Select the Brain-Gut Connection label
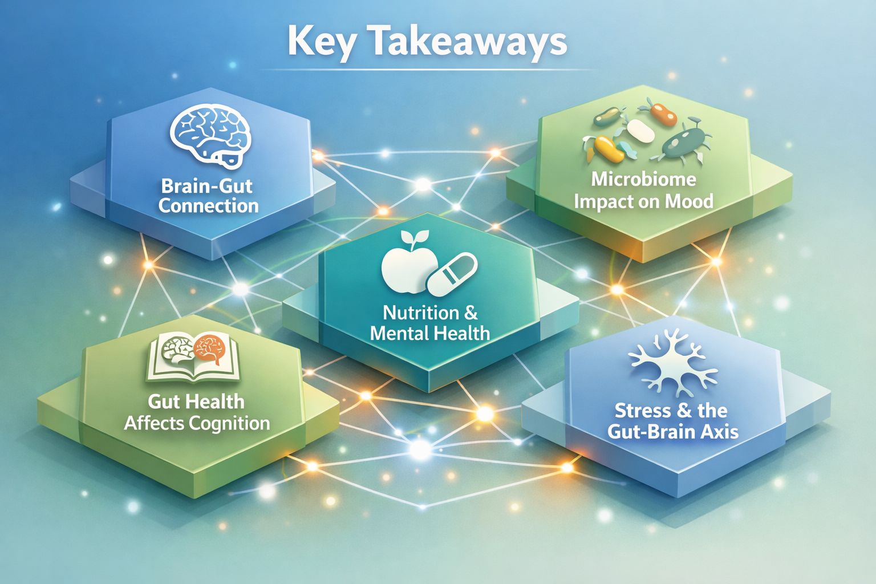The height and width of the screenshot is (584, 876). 209,196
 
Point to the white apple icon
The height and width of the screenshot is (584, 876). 402,267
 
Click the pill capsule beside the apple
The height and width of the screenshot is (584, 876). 452,274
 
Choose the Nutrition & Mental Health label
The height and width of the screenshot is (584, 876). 430,323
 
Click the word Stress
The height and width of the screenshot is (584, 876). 642,411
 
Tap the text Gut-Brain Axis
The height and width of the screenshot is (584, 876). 673,432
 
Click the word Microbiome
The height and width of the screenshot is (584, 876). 643,179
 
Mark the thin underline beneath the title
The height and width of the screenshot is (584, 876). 428,70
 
